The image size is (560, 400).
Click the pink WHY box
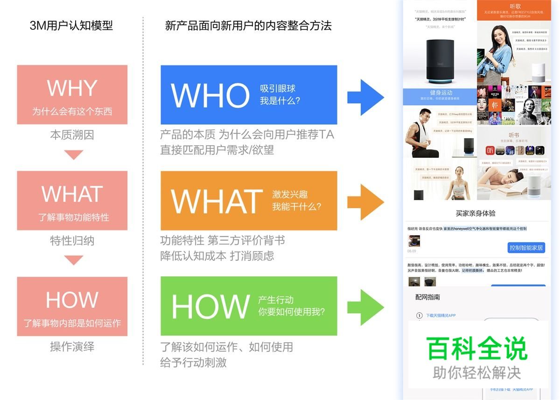tap(72, 95)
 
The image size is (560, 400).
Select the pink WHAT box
tap(72, 200)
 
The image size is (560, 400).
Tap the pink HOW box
tap(72, 306)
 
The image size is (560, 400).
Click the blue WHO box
tap(249, 95)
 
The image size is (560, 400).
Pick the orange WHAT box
tap(249, 200)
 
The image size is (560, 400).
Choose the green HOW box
tap(249, 306)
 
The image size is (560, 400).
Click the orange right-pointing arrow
tap(366, 202)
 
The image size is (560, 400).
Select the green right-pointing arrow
tap(366, 308)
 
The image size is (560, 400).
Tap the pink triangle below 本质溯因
tap(73, 154)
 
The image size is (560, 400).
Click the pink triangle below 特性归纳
tap(73, 260)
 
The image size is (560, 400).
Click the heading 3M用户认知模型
tap(71, 25)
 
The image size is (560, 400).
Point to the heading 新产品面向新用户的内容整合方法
tap(248, 25)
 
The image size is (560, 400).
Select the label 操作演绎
tap(72, 347)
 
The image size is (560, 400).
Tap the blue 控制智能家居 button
tap(526, 247)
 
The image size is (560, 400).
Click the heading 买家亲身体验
tap(476, 213)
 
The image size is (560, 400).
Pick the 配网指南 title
tap(427, 297)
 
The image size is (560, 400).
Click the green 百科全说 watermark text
tap(477, 349)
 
